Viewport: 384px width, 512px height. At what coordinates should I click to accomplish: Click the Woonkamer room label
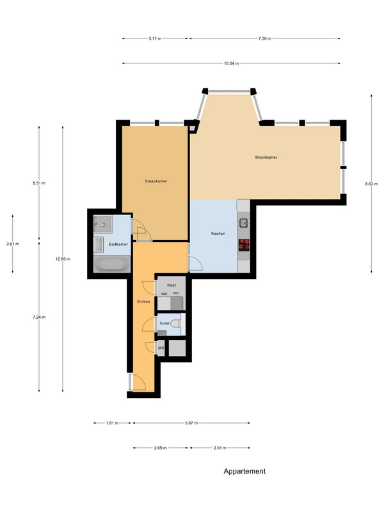tap(266, 157)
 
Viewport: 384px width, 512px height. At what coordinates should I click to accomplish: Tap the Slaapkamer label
tap(156, 181)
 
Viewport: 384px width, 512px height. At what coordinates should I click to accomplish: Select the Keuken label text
tap(218, 234)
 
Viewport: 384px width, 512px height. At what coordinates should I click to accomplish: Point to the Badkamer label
tap(118, 244)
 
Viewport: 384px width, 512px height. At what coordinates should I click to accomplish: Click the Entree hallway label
tap(143, 301)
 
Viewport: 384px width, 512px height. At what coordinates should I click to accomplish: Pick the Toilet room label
tap(164, 323)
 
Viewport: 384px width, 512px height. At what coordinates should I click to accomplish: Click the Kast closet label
tap(172, 285)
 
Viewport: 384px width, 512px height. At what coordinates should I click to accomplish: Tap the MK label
tap(161, 348)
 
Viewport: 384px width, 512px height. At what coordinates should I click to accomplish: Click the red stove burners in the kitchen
tap(244, 245)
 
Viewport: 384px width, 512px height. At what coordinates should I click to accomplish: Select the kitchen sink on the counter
tap(244, 223)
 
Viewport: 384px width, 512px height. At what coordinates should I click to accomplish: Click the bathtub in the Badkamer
tap(112, 264)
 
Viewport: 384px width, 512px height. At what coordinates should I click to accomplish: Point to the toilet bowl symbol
tap(176, 323)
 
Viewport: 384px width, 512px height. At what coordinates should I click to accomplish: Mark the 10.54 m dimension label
tap(231, 63)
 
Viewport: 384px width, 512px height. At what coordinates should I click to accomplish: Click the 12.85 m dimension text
tap(63, 259)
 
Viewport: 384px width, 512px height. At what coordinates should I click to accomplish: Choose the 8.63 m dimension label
tap(371, 184)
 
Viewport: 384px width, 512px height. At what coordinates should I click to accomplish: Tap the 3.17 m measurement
tap(155, 38)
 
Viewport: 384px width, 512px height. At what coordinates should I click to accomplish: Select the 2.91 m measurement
tap(220, 448)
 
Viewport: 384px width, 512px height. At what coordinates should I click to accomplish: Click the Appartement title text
tap(244, 471)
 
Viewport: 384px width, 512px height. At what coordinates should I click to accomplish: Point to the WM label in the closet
tap(164, 294)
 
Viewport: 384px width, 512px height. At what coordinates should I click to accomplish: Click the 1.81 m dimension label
tap(112, 423)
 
